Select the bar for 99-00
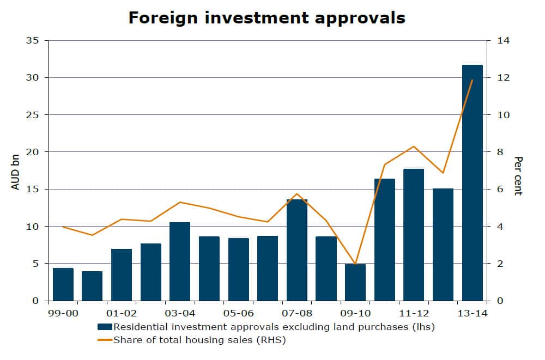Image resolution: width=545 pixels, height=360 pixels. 63,284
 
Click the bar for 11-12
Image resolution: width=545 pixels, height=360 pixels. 414,234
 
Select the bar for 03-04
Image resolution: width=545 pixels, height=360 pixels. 180,261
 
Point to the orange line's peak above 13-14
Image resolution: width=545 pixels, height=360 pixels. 472,80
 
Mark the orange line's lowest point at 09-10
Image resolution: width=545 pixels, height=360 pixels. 355,264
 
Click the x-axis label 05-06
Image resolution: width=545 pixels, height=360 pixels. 238,314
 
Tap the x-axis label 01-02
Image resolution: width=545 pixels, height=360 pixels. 122,314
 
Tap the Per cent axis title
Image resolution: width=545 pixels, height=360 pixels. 518,176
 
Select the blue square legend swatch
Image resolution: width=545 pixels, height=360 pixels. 105,327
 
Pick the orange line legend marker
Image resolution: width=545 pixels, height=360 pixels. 105,340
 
